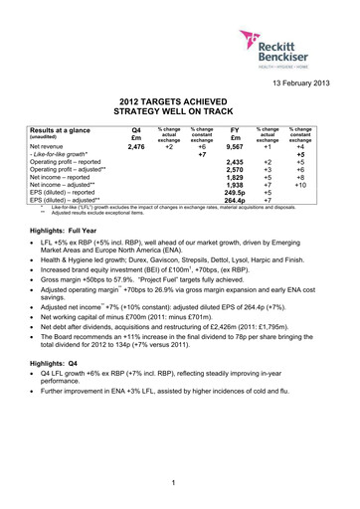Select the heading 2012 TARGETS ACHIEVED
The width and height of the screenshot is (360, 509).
point(180,101)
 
